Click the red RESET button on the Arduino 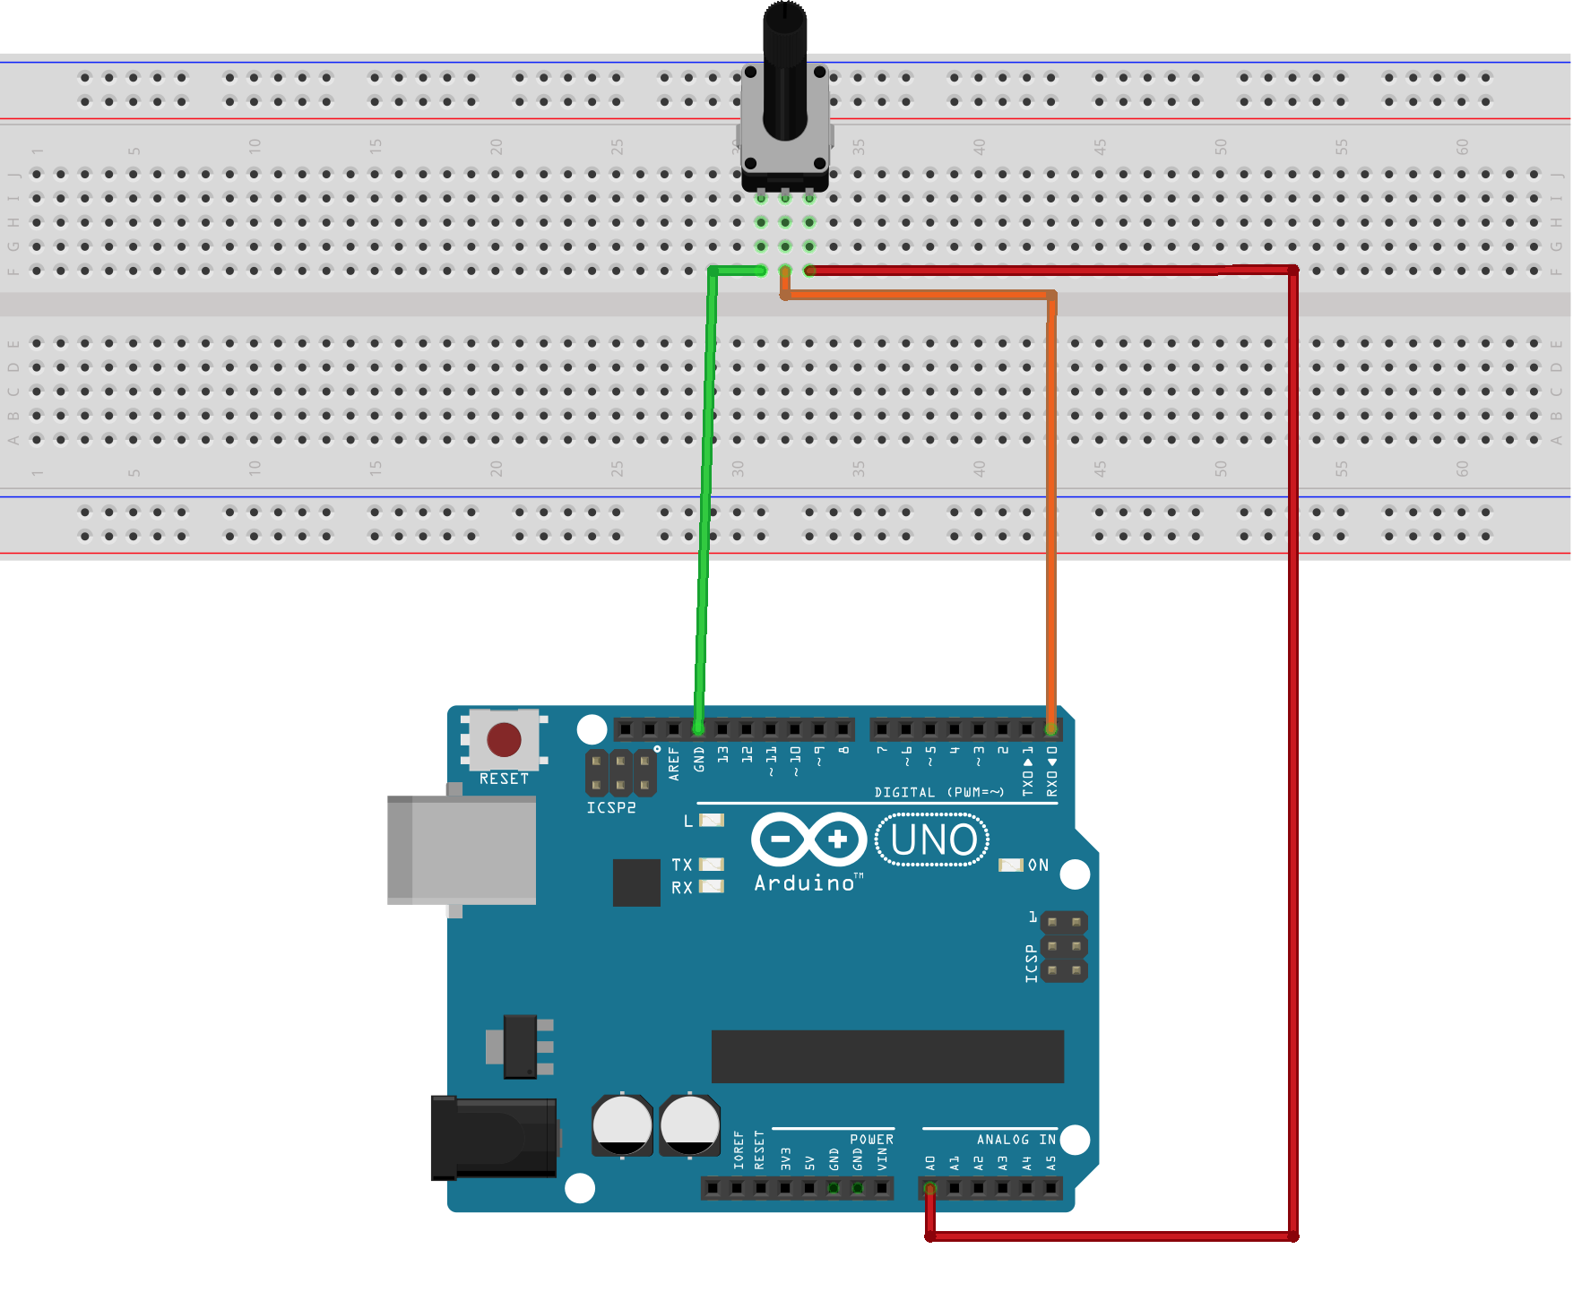pos(504,740)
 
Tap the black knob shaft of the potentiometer pos(785,72)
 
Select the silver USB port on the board pos(462,849)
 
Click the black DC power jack pos(494,1137)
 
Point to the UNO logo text pos(933,840)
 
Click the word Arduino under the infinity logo pos(806,883)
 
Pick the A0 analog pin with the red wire pos(930,1189)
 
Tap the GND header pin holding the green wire pos(698,729)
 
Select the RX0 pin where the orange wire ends pos(1051,729)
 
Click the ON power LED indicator pos(1011,865)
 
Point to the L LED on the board pos(712,820)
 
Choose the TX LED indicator pos(712,865)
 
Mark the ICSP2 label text pos(611,808)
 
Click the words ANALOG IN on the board pos(1016,1140)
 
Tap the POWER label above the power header pos(871,1140)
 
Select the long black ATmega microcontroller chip pos(887,1056)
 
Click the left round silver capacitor pos(622,1124)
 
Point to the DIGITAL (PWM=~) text pos(938,792)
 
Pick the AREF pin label pos(674,764)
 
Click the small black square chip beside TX pos(636,883)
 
